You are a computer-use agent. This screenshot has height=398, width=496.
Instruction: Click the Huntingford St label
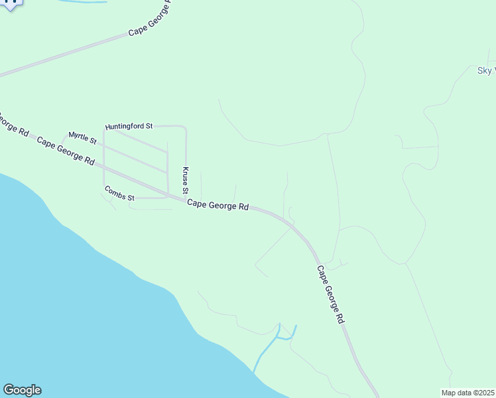[129, 126]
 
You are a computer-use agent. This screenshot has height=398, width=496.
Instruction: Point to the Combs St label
[119, 193]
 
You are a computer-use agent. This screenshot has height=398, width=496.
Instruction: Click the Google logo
[22, 390]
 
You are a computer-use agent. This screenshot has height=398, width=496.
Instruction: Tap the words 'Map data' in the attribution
[456, 393]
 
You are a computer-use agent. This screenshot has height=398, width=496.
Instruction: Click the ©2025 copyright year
[483, 393]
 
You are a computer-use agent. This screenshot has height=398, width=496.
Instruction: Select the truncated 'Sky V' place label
[486, 71]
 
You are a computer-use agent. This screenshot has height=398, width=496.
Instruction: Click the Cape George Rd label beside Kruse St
[217, 206]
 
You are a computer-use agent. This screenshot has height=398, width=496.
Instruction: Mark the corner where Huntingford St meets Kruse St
[185, 127]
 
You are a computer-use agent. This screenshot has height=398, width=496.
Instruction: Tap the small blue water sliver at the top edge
[83, 2]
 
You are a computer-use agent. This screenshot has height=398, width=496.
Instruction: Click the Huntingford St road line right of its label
[169, 125]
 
